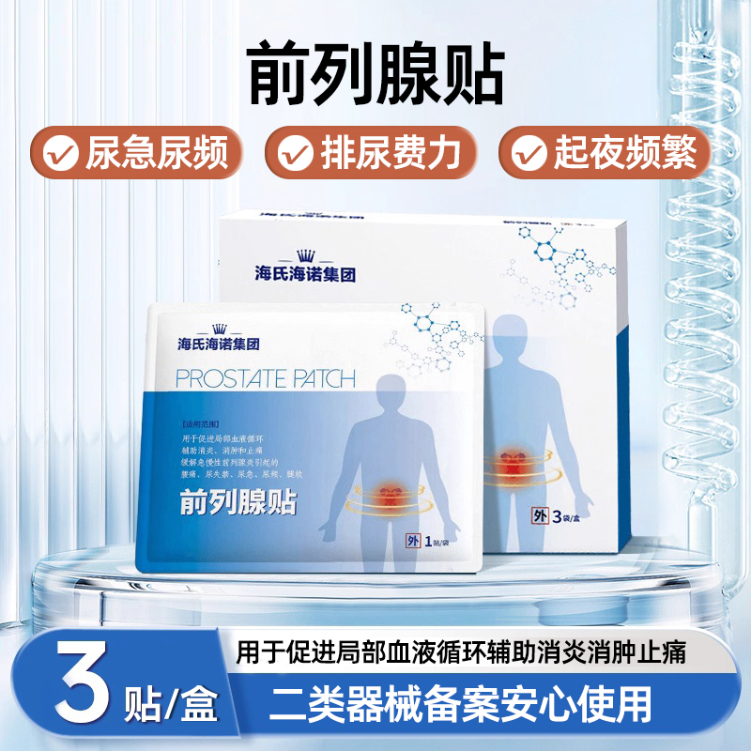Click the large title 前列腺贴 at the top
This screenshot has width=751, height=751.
(x=375, y=71)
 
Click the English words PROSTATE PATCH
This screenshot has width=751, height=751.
(x=266, y=379)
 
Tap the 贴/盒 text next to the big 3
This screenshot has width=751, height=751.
(x=171, y=702)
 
